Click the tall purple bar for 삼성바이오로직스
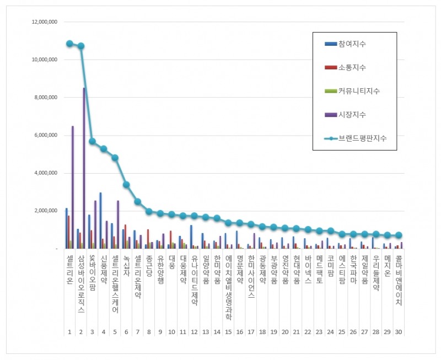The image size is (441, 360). pos(84,168)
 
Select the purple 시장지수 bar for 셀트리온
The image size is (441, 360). pos(73,187)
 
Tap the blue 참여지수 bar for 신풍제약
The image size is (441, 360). pos(100,221)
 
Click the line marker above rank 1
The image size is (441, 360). pos(69,44)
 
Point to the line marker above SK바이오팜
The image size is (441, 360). pos(92,141)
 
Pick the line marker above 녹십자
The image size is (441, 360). pos(126,185)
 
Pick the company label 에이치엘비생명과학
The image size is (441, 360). pos(228,287)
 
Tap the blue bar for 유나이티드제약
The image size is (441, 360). pos(191,237)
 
